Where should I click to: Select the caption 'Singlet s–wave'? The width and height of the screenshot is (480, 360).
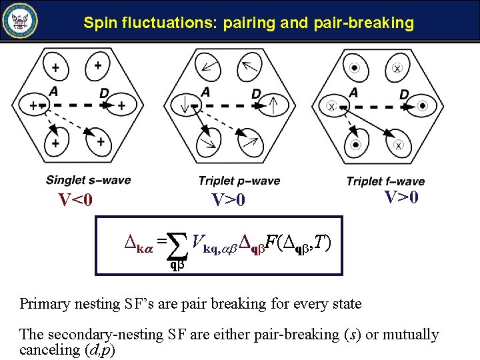pyautogui.click(x=88, y=180)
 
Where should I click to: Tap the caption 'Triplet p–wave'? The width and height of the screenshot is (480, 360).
pyautogui.click(x=239, y=181)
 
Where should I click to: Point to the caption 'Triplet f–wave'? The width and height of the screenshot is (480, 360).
pyautogui.click(x=385, y=181)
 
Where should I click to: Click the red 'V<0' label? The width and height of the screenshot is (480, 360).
pyautogui.click(x=75, y=200)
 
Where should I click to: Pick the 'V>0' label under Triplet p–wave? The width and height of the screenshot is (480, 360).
pyautogui.click(x=228, y=200)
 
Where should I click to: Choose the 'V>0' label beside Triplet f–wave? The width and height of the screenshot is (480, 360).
pyautogui.click(x=401, y=197)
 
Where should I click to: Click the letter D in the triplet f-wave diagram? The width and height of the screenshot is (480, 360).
pyautogui.click(x=404, y=95)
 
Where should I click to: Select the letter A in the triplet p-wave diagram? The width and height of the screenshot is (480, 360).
pyautogui.click(x=205, y=92)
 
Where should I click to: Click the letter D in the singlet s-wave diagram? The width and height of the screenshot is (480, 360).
pyautogui.click(x=104, y=93)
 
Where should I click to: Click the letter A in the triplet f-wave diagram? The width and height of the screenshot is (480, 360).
pyautogui.click(x=353, y=92)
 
